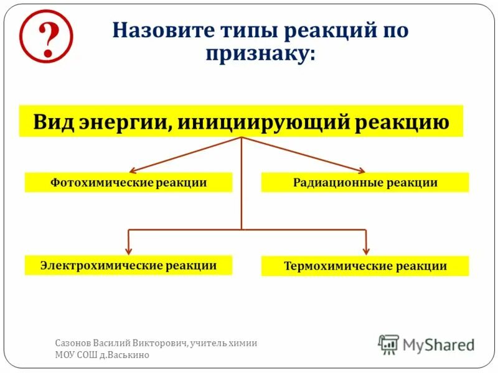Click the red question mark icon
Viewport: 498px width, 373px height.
(x=46, y=36)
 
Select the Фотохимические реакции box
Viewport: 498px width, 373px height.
(x=128, y=183)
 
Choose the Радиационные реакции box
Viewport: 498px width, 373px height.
(x=365, y=183)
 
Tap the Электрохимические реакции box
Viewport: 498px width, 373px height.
(x=128, y=265)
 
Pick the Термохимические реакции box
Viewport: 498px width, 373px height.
(x=365, y=266)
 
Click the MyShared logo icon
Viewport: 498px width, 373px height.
(x=388, y=344)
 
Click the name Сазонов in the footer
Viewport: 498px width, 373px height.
(x=73, y=343)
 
